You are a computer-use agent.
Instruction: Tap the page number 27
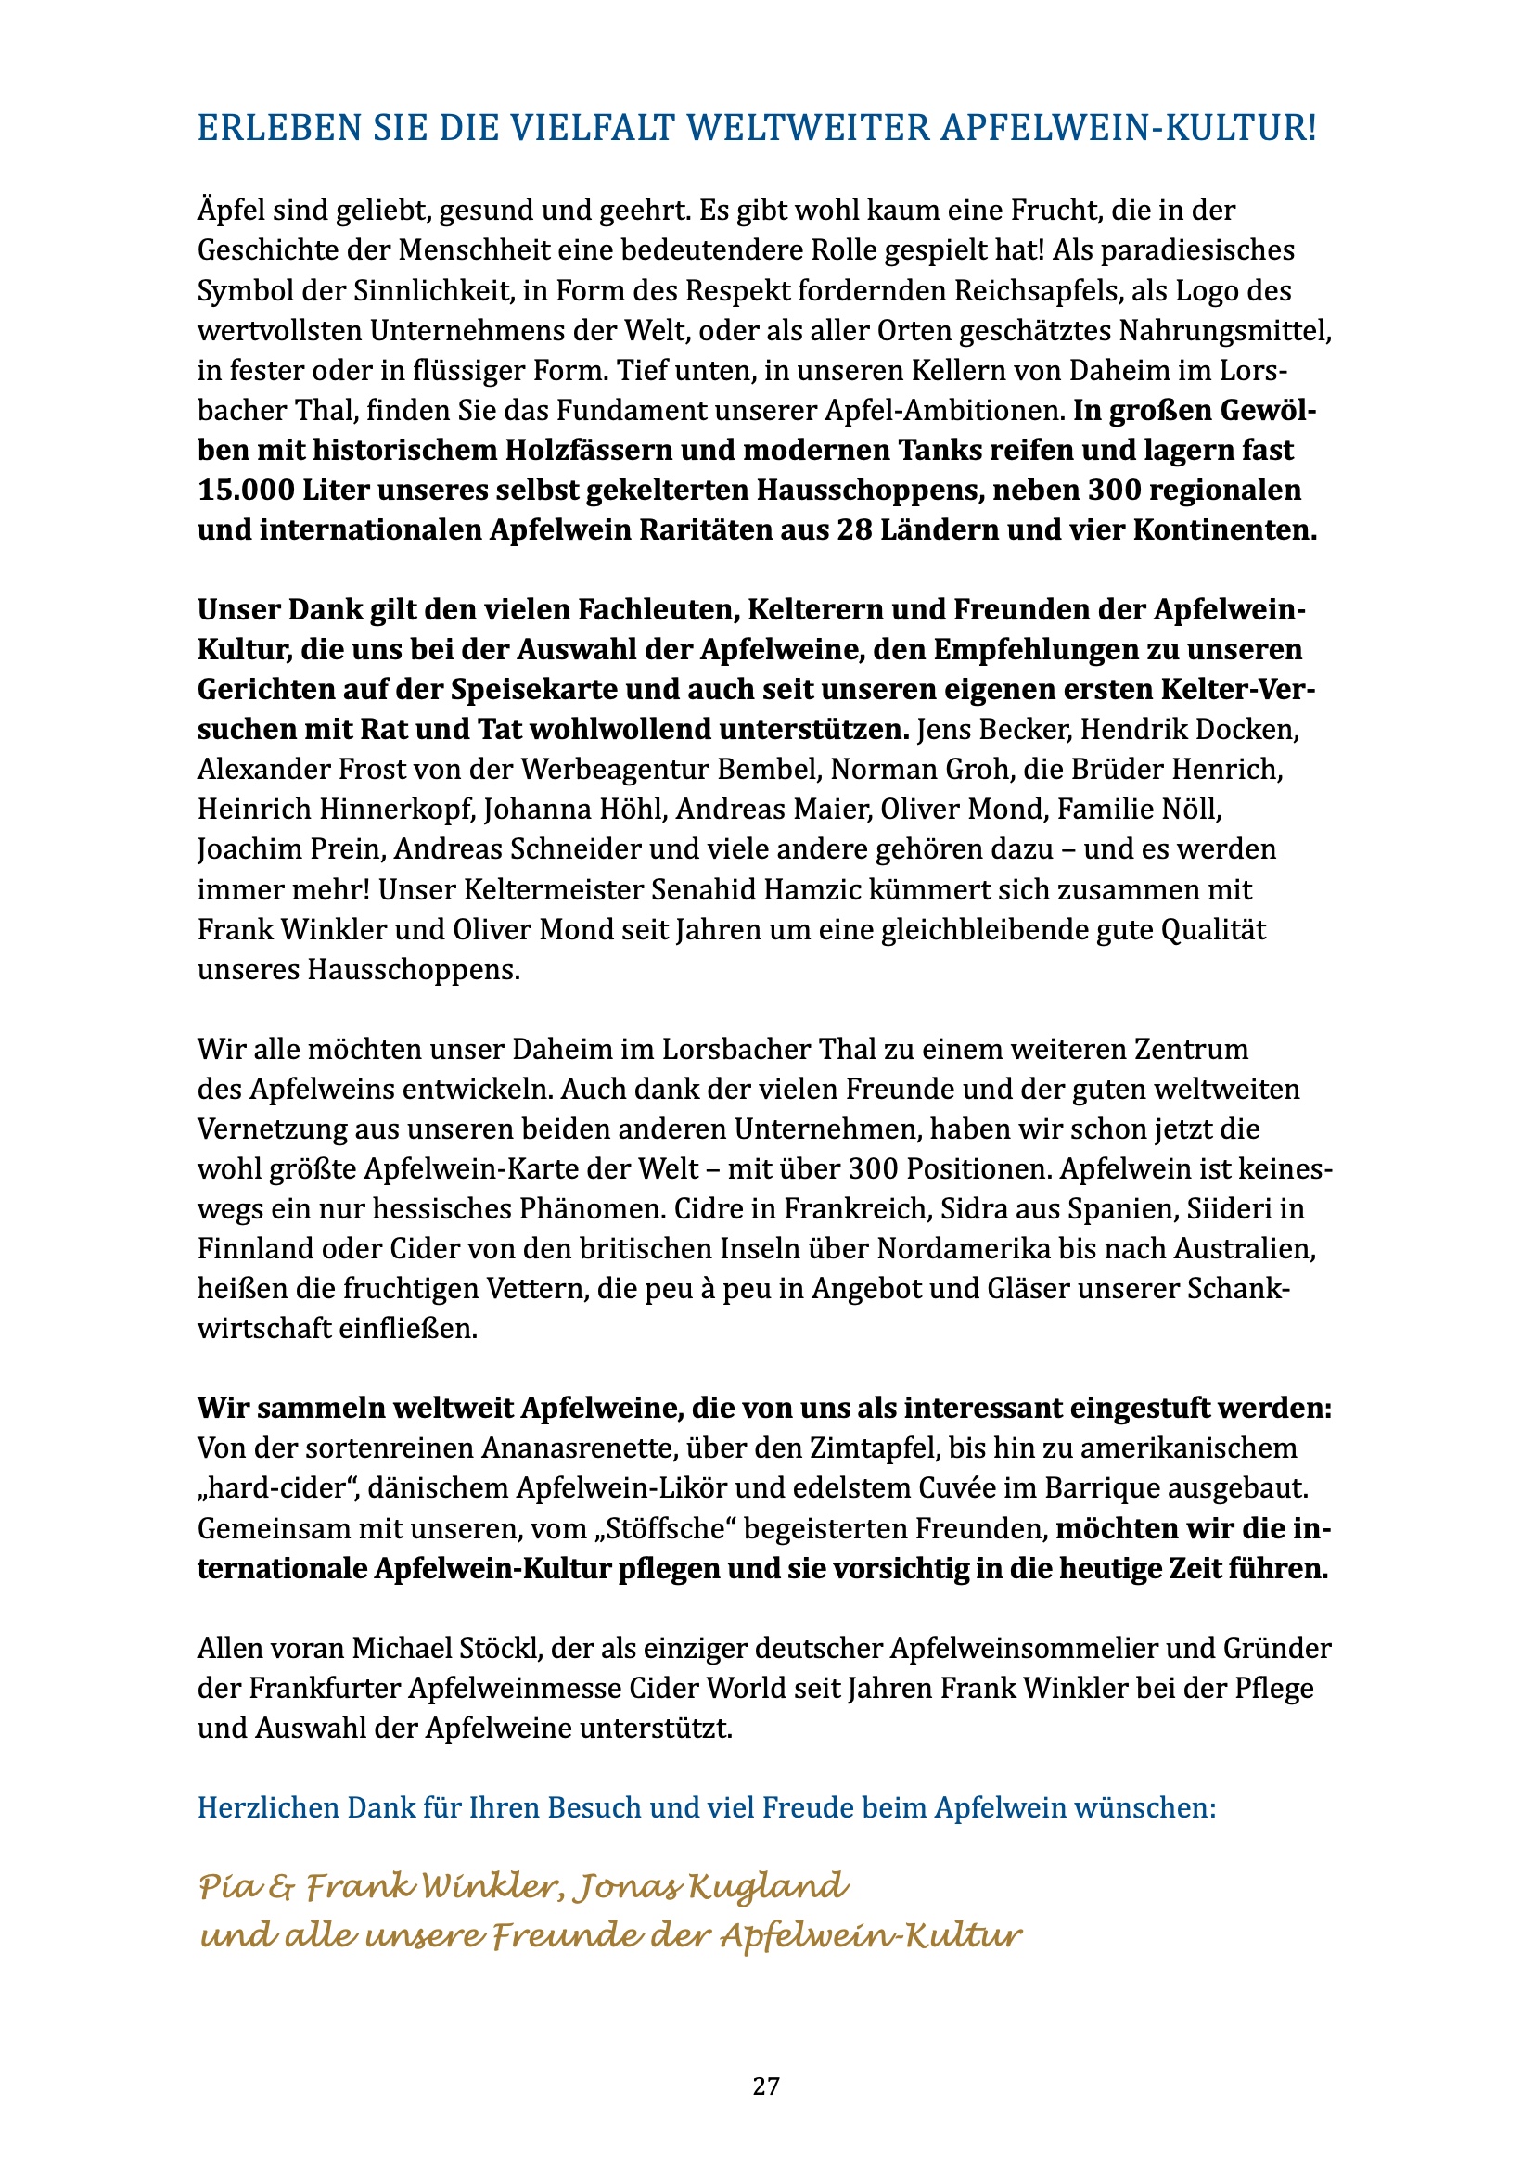click(766, 2086)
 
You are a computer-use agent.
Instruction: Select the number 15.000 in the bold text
click(245, 491)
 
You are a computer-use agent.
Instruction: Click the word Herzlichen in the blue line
click(267, 1807)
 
